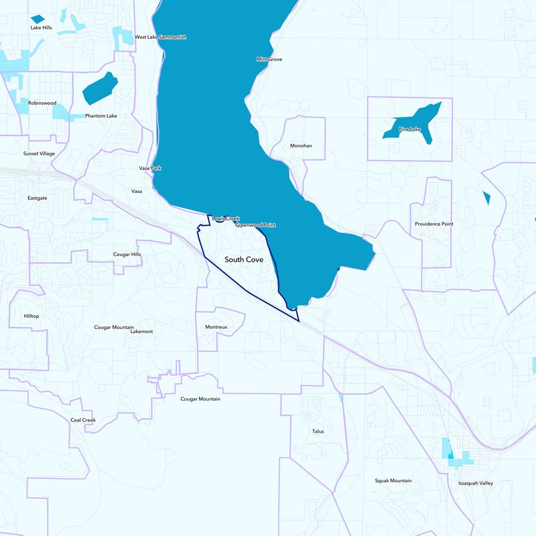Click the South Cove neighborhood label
pos(244,259)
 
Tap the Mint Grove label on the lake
pos(269,60)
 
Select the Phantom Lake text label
pos(101,116)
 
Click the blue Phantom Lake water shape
pos(99,88)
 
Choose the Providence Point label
pos(433,224)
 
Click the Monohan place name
pos(301,145)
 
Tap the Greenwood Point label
pos(255,225)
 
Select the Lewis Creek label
pos(225,218)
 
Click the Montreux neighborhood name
pos(216,327)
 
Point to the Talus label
pos(318,431)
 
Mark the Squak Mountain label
pos(393,481)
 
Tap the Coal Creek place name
pos(83,420)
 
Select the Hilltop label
pos(31,316)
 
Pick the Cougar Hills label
pos(127,255)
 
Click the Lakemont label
pos(141,332)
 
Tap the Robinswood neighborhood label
pos(42,103)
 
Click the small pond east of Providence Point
pos(486,198)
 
